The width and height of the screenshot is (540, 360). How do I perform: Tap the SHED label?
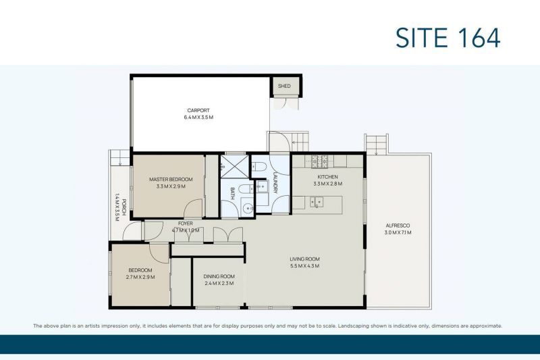pyautogui.click(x=284, y=86)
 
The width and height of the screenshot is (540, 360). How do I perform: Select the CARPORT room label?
pyautogui.click(x=198, y=110)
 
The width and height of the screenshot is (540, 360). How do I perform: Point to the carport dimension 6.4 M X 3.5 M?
pyautogui.click(x=198, y=118)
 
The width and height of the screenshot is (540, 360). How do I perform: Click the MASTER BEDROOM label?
pyautogui.click(x=171, y=179)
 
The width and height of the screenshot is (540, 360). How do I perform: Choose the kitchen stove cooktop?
pyautogui.click(x=319, y=161)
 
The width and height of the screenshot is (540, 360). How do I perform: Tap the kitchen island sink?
pyautogui.click(x=314, y=201)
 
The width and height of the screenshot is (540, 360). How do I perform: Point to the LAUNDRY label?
pyautogui.click(x=275, y=180)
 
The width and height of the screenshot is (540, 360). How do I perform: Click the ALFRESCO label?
pyautogui.click(x=398, y=225)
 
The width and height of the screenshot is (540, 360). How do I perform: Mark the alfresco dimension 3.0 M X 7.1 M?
pyautogui.click(x=398, y=232)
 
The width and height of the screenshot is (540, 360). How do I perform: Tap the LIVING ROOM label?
pyautogui.click(x=305, y=259)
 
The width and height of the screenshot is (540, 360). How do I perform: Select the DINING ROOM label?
pyautogui.click(x=219, y=276)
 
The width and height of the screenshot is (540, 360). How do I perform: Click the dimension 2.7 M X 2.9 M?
pyautogui.click(x=140, y=277)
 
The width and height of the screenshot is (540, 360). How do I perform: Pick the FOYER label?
pyautogui.click(x=186, y=223)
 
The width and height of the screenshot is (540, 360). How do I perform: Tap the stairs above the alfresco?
pyautogui.click(x=377, y=143)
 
